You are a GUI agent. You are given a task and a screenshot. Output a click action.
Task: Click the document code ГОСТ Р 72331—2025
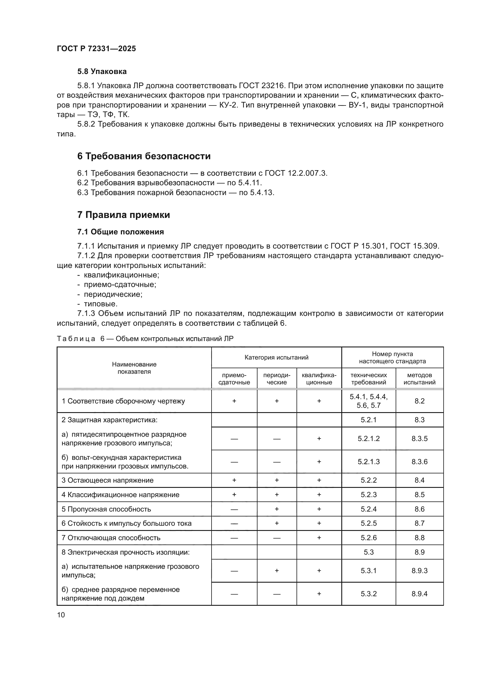[x=96, y=49]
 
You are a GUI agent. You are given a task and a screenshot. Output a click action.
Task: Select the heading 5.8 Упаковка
[x=102, y=72]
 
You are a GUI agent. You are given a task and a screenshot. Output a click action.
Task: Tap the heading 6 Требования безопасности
[x=144, y=156]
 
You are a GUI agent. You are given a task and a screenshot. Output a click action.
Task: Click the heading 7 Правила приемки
[x=123, y=215]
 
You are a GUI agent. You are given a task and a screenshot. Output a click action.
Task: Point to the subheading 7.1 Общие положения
[x=121, y=232]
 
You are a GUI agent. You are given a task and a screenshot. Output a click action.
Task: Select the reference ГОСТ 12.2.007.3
[x=296, y=173]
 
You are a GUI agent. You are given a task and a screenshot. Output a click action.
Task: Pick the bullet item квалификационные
[x=121, y=275]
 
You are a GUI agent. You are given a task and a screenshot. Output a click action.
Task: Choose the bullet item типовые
[x=101, y=304]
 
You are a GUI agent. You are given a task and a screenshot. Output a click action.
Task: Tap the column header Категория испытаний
[x=276, y=358]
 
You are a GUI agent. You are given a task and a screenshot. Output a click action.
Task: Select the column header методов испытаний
[x=419, y=379]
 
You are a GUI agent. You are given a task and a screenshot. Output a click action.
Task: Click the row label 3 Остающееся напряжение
[x=108, y=480]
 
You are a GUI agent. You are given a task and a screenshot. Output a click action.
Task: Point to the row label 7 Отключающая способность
[x=111, y=538]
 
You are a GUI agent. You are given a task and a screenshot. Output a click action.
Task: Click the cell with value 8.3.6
[x=419, y=462]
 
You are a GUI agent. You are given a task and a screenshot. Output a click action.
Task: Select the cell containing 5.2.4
[x=368, y=509]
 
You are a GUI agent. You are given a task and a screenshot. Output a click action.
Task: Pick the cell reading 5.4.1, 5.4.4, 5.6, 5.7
[x=368, y=401]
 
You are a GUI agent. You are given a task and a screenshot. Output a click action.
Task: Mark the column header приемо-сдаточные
[x=234, y=379]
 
